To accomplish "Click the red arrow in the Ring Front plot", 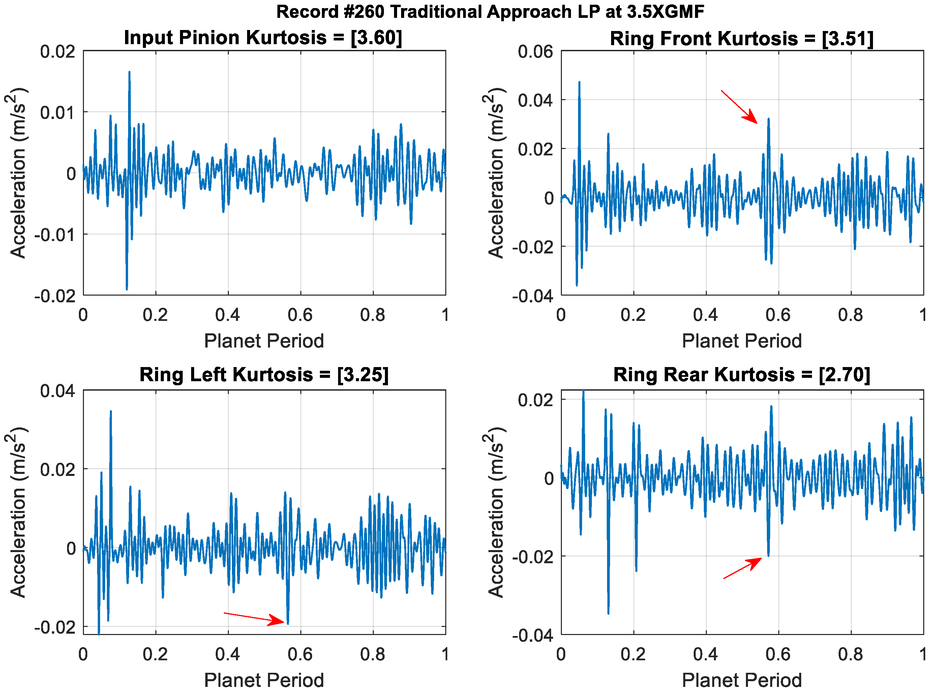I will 740,107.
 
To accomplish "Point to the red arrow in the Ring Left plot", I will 254,617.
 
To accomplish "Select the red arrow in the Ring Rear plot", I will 743,568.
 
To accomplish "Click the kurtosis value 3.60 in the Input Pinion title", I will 376,38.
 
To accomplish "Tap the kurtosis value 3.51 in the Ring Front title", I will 847,39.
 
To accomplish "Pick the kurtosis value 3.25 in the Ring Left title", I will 363,375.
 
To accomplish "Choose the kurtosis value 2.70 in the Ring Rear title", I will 844,375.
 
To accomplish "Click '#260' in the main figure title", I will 363,12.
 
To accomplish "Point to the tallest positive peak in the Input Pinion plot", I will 129,72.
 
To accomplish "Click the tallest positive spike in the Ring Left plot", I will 111,412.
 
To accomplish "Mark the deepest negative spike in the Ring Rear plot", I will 608,613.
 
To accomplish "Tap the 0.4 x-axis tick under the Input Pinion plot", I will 228,315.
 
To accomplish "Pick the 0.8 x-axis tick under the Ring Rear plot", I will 850,655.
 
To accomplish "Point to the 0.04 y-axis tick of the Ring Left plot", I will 58,391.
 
